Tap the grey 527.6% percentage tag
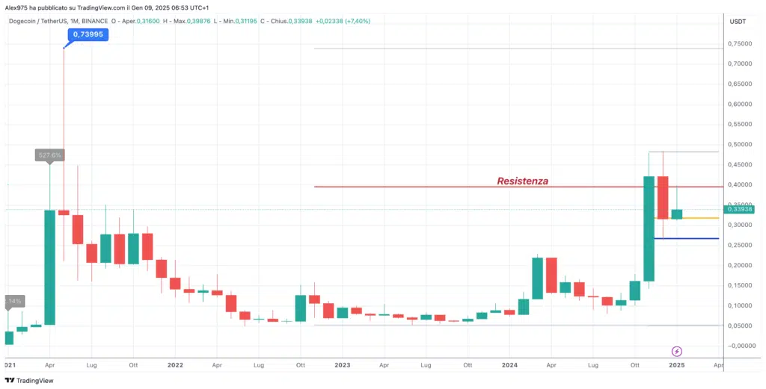click(x=50, y=155)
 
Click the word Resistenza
click(x=522, y=181)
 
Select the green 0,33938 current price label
click(x=738, y=209)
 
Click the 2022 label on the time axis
click(x=175, y=366)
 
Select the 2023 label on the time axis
click(x=343, y=366)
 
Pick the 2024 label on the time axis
click(x=509, y=366)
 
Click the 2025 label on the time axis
click(x=677, y=366)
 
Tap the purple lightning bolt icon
click(x=677, y=351)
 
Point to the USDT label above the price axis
click(x=738, y=21)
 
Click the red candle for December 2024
click(x=663, y=197)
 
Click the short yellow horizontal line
click(x=704, y=218)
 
